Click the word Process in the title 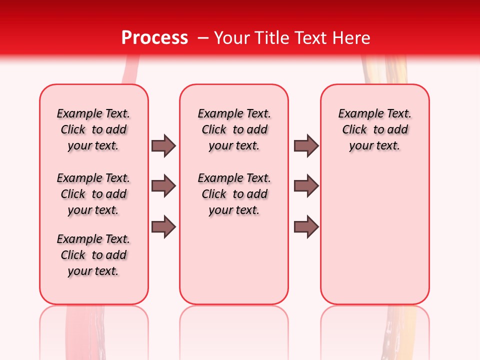coord(154,37)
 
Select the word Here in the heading coord(352,38)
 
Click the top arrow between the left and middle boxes coord(163,145)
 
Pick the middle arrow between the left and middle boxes coord(163,186)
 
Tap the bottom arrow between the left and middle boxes coord(163,227)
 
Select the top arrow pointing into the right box coord(306,145)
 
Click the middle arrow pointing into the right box coord(306,186)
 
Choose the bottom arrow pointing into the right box coord(306,227)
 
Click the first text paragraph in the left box coord(93,129)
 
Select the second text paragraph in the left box coord(93,194)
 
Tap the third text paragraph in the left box coord(93,255)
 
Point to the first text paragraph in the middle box coord(234,129)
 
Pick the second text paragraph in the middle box coord(234,194)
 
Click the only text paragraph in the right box coord(374,129)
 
